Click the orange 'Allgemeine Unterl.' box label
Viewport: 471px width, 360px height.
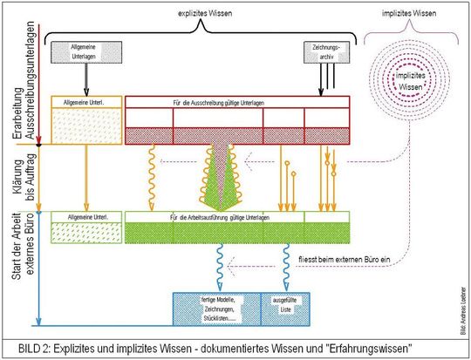[x=85, y=103]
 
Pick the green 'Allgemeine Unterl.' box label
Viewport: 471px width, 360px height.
[x=85, y=216]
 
